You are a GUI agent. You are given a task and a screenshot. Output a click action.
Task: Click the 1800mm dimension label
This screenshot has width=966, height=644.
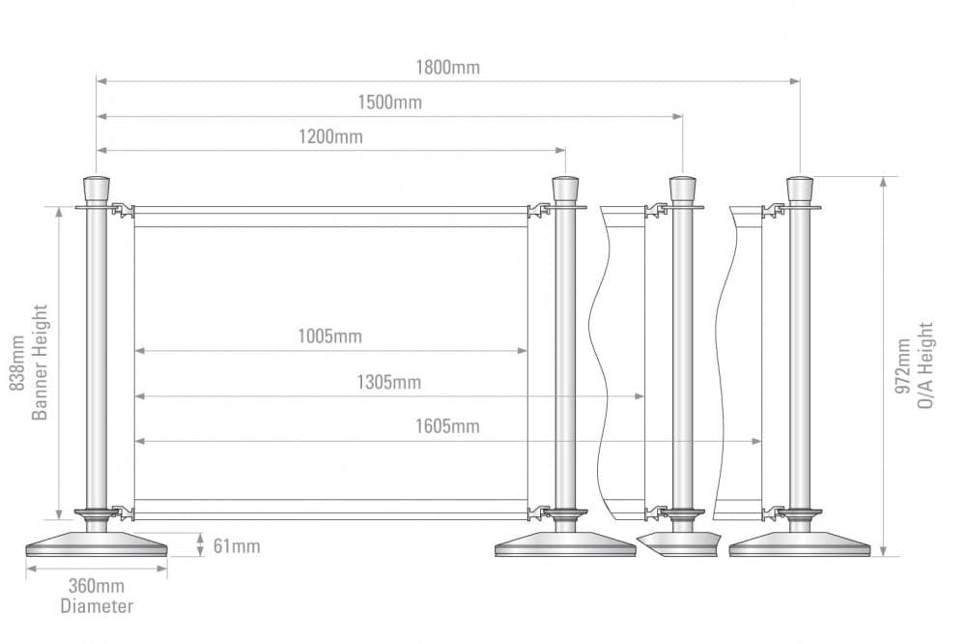click(447, 68)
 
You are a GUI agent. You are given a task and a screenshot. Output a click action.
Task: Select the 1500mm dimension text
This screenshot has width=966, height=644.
click(389, 102)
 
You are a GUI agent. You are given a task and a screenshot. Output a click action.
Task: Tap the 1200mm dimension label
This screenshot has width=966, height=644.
click(330, 136)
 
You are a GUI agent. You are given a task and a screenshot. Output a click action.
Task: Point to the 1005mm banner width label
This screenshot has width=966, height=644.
click(330, 337)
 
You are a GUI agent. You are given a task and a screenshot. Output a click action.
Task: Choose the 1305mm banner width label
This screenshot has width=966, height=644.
click(389, 382)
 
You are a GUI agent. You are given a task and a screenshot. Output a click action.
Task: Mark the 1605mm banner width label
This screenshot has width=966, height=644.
click(447, 426)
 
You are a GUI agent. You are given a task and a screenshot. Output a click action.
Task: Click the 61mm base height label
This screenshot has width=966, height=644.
click(237, 546)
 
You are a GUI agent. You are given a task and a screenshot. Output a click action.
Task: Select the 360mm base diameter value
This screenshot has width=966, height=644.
click(97, 586)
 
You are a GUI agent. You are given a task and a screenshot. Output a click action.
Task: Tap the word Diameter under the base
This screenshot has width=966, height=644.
click(97, 606)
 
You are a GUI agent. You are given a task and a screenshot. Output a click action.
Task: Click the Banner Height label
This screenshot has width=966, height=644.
click(40, 363)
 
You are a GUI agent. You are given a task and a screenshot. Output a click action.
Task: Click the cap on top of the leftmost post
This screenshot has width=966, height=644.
click(97, 188)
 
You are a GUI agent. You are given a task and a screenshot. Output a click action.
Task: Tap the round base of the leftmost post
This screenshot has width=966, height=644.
click(97, 545)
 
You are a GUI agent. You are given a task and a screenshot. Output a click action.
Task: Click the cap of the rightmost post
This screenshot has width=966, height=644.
click(800, 188)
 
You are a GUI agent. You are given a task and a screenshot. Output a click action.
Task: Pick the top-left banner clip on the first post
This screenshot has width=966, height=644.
click(122, 209)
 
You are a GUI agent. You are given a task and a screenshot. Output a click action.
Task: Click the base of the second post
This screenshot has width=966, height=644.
click(565, 545)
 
